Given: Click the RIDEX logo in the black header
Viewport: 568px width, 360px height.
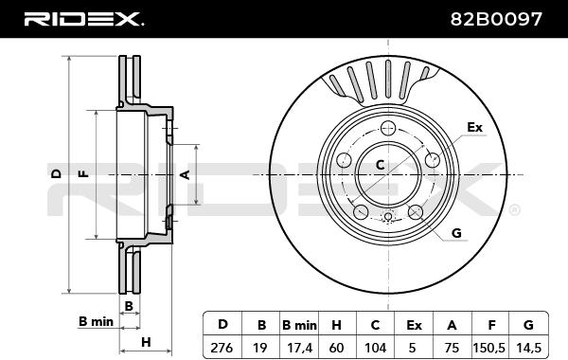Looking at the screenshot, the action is [x=83, y=19].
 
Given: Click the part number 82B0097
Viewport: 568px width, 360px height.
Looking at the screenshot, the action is [x=496, y=19].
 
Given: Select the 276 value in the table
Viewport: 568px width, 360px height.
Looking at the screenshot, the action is [x=222, y=348].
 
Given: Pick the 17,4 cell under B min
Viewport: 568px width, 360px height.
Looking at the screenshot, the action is [x=299, y=348].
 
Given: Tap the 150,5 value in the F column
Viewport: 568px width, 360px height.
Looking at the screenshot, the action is [x=488, y=348].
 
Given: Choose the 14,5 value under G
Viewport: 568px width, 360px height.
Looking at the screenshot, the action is [x=529, y=348].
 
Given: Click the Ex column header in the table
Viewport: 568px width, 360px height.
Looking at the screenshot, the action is [x=414, y=325].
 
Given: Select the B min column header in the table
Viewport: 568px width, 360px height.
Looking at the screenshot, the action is [x=299, y=325].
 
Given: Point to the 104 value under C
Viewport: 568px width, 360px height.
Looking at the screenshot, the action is [x=375, y=348].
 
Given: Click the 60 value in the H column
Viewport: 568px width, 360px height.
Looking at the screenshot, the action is [x=336, y=348].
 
